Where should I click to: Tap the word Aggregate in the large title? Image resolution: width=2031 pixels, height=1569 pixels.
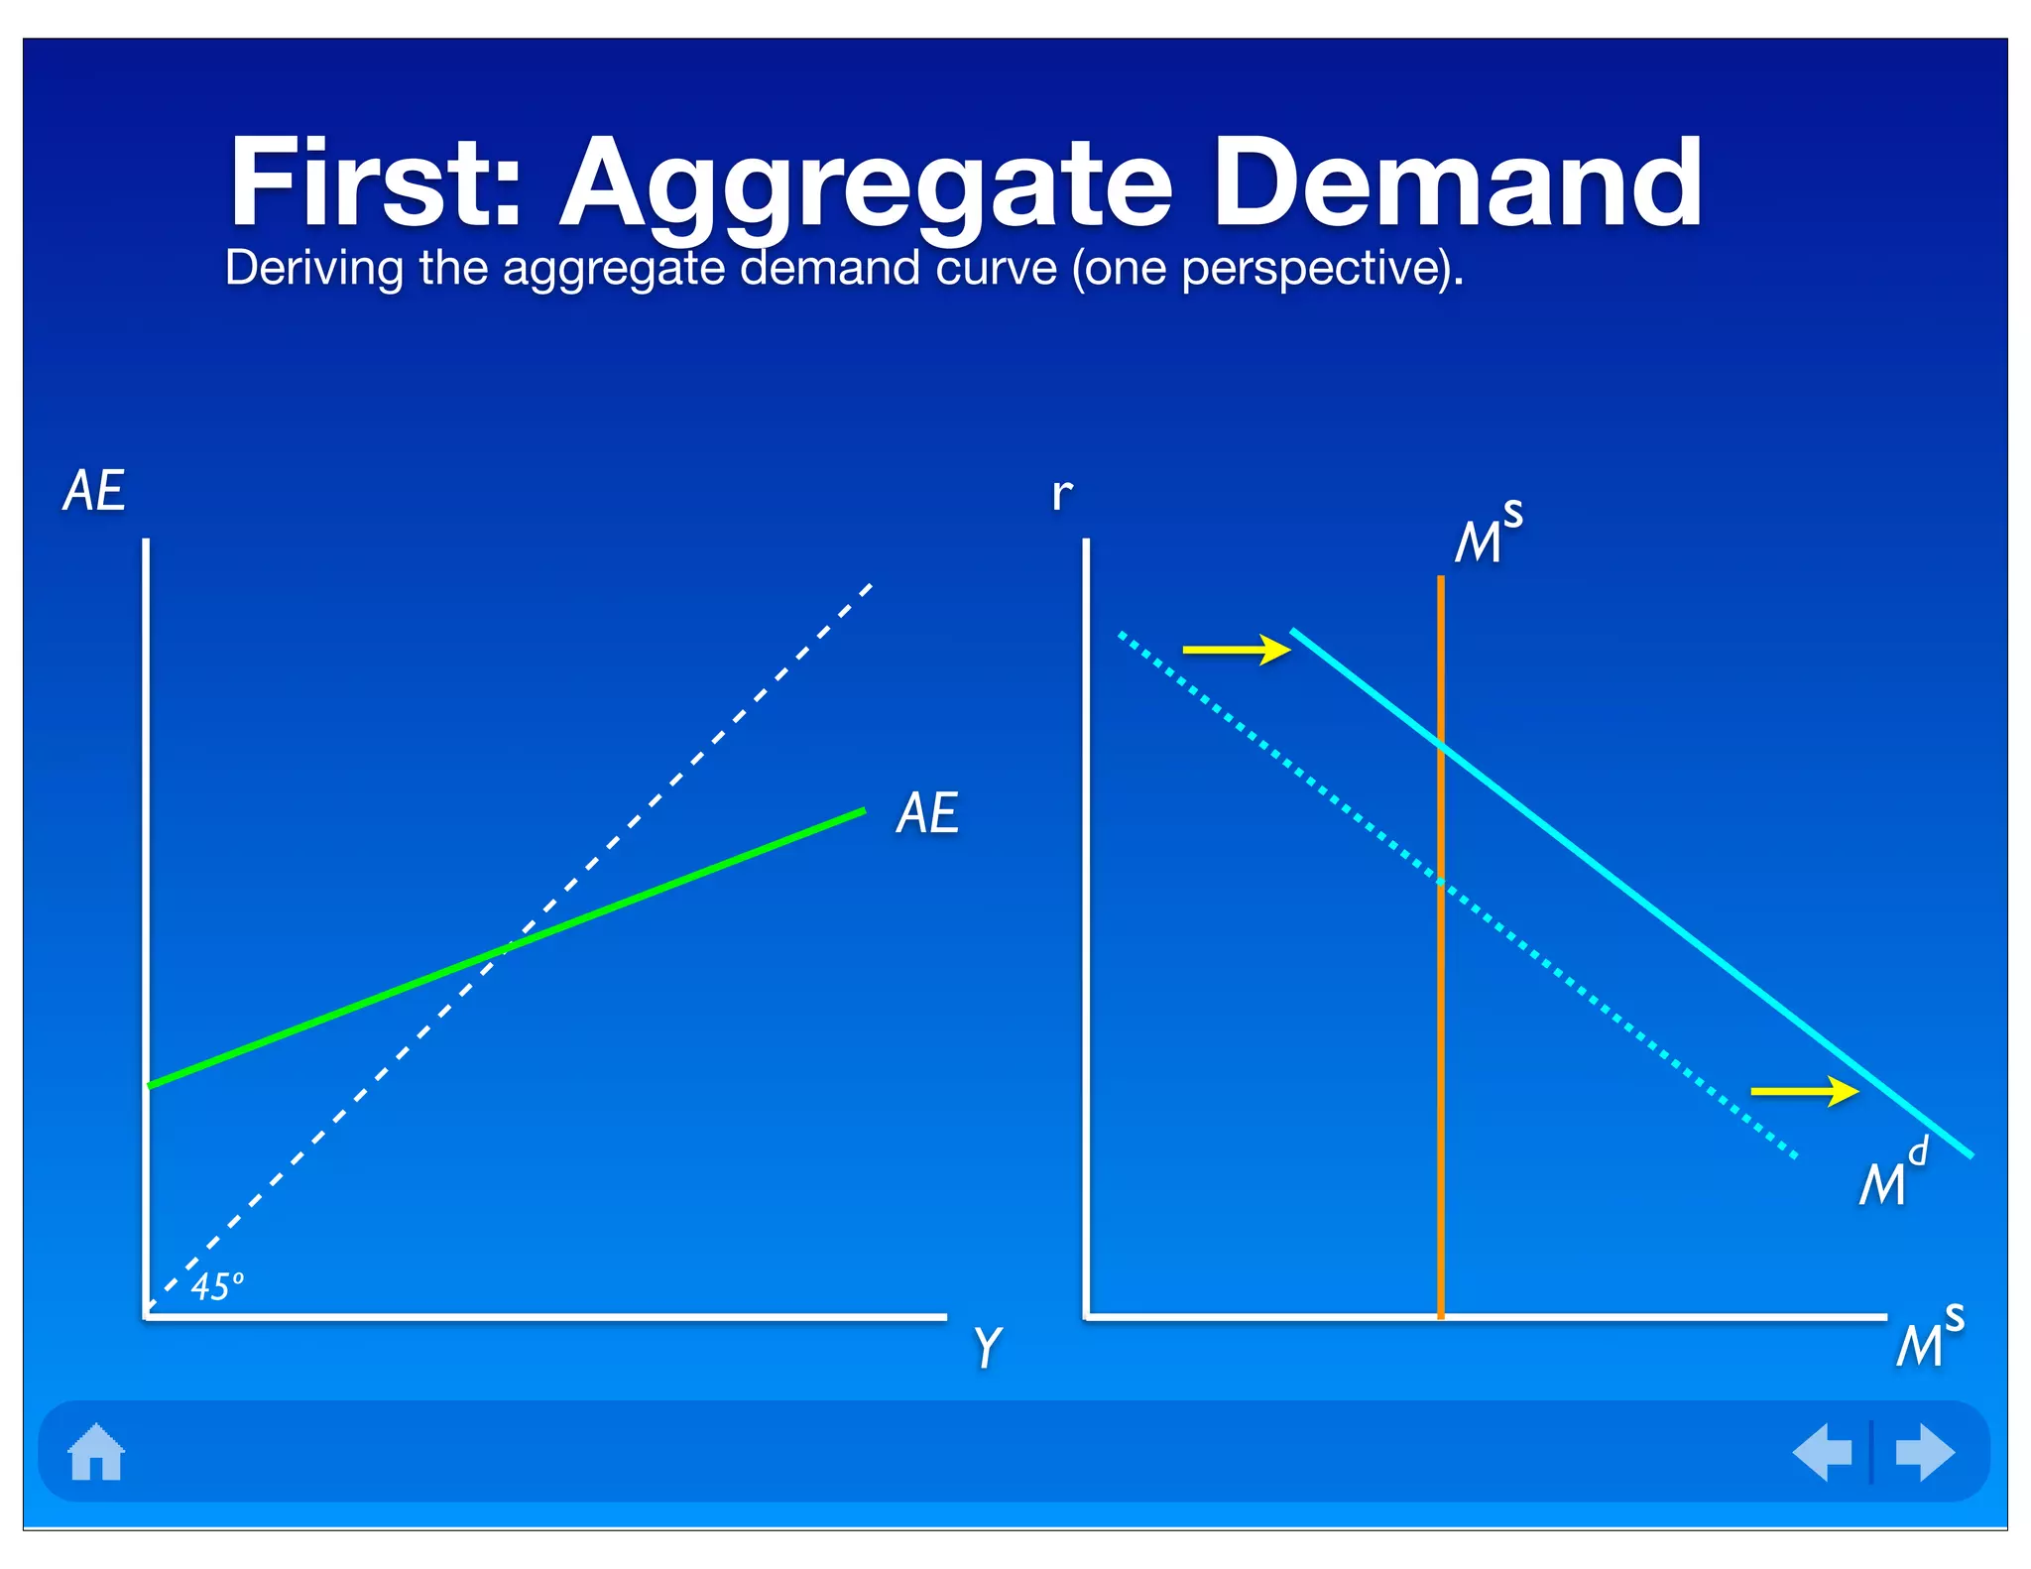866,188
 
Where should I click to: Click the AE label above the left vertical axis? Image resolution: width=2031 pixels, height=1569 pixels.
94,491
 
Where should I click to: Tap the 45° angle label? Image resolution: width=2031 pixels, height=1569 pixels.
216,1287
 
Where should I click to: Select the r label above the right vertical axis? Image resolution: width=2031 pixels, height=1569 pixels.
1061,493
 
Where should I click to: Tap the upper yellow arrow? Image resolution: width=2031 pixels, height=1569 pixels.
1236,650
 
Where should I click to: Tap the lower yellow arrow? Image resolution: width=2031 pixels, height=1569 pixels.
1804,1091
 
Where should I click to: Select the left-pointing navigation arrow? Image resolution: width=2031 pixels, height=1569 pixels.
1823,1452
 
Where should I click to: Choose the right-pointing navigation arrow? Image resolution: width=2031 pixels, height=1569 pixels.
1924,1452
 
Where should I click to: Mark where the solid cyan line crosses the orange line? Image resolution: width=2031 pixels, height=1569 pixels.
1441,745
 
